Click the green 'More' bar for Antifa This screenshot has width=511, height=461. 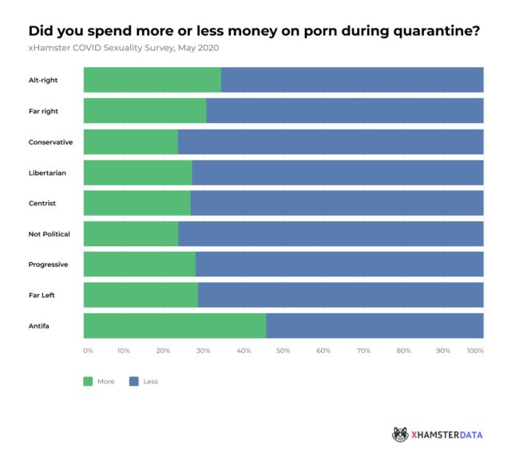click(174, 326)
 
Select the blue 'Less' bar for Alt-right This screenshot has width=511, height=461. click(351, 80)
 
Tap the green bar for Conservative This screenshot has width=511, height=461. click(130, 141)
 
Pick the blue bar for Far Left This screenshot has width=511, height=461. click(340, 295)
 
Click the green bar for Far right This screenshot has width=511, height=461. click(145, 111)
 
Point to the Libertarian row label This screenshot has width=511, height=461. click(48, 173)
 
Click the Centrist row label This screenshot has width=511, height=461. click(42, 203)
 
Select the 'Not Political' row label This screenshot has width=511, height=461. click(50, 234)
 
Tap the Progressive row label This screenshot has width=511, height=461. click(48, 264)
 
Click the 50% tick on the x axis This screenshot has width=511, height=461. click(283, 351)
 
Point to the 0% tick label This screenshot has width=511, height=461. click(88, 351)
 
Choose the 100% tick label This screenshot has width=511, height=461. click(475, 351)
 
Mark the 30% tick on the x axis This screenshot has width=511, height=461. click(204, 351)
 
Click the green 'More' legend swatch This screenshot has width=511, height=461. click(88, 381)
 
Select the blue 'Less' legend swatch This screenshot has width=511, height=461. click(133, 381)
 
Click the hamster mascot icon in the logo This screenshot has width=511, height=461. click(400, 434)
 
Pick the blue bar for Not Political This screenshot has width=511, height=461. click(331, 233)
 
